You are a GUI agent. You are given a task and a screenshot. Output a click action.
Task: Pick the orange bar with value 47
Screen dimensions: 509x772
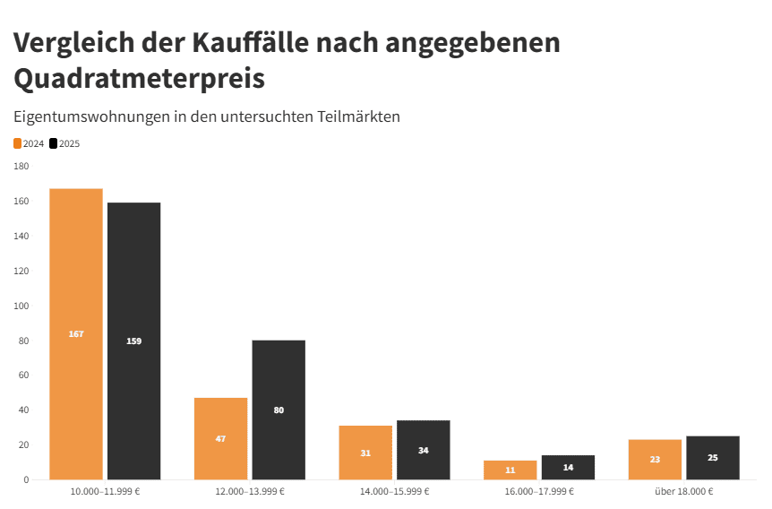point(220,438)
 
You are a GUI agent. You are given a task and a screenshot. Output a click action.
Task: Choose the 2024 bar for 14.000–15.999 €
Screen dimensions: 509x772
point(365,453)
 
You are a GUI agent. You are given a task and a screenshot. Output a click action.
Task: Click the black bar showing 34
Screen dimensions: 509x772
point(423,450)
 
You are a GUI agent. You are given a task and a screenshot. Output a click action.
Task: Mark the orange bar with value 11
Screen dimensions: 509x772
point(510,470)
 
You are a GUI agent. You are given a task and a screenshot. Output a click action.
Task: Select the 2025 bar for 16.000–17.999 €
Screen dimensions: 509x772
point(568,467)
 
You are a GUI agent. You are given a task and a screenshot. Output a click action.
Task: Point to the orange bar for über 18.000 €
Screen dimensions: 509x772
point(655,459)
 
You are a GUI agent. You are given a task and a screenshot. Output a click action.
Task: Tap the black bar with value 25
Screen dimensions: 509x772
point(713,457)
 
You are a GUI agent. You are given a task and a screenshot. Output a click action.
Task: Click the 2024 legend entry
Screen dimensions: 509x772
point(29,143)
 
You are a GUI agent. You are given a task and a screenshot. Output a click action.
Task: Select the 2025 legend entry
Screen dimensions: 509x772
point(64,143)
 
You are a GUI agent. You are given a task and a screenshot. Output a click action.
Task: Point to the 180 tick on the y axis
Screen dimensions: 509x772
point(21,167)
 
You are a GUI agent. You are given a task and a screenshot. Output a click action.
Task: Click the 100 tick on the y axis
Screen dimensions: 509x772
point(21,306)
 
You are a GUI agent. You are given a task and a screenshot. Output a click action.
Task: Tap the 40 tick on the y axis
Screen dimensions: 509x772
point(22,410)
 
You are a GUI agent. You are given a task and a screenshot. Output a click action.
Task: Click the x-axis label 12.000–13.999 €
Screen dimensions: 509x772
point(250,492)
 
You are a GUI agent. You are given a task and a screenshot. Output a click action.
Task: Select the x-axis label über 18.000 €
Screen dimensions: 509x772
point(683,492)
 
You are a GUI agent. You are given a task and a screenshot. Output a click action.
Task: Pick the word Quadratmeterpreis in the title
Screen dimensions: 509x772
point(139,78)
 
